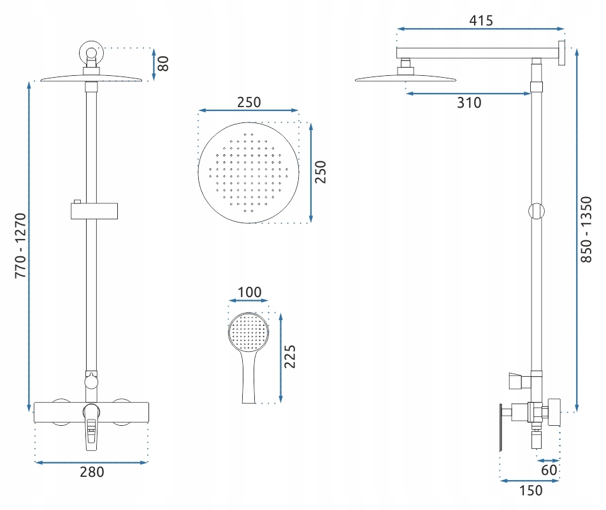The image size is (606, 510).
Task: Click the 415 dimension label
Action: tap(480, 20)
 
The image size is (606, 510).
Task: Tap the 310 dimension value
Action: tap(469, 103)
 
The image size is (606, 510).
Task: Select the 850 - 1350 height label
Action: tap(586, 229)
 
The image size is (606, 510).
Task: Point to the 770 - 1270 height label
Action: tap(20, 245)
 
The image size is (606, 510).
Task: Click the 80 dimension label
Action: tap(164, 63)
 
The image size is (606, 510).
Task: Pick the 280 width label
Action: tap(92, 472)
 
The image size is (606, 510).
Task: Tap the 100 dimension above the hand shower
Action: tap(249, 293)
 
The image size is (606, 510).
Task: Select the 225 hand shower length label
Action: tap(290, 356)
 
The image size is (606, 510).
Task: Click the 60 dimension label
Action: tap(549, 470)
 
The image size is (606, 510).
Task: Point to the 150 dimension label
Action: tap(531, 491)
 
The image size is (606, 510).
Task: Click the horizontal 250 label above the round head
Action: tap(249, 103)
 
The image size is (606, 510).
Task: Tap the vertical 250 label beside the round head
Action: tap(321, 172)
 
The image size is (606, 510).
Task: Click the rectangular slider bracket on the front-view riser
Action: tap(94, 210)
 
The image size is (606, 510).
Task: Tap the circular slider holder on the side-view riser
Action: tap(537, 211)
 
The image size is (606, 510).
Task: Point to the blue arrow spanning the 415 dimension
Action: tap(480, 29)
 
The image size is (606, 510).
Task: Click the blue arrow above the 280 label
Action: tap(91, 462)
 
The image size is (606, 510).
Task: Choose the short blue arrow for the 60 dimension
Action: tap(549, 460)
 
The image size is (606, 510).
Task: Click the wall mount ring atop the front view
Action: tap(92, 53)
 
